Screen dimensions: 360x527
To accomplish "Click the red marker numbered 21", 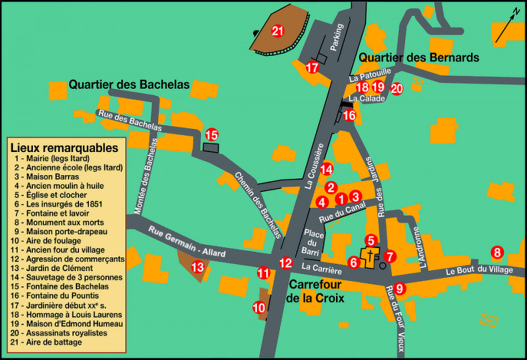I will (277, 31).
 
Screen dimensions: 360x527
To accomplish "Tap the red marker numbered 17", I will (312, 67).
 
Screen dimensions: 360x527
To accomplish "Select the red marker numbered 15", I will (211, 134).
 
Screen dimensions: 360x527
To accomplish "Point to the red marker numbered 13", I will (198, 267).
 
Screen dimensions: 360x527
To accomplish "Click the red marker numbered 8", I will (497, 252).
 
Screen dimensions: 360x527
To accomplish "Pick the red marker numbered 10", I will (259, 307).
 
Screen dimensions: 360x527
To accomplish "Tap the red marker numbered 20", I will (396, 88).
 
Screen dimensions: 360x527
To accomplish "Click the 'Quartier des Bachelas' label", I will (129, 85).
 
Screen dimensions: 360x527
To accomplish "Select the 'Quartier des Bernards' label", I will (418, 58).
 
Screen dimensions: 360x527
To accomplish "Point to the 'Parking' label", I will (337, 38).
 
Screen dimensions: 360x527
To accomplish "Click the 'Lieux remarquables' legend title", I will (64, 148).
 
